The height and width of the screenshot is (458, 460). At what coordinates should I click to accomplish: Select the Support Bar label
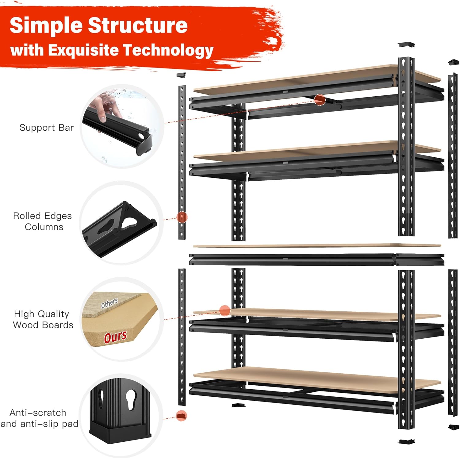pos(46,128)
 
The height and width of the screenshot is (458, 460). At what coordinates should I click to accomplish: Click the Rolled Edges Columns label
pos(42,221)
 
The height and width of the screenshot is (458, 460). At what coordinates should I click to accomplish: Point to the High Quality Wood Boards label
pos(43,319)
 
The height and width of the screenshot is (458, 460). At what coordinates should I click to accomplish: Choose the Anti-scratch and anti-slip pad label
pos(39,418)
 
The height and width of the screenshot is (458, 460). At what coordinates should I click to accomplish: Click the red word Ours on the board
pos(115,337)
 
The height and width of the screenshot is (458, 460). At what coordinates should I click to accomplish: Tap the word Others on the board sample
pos(109,303)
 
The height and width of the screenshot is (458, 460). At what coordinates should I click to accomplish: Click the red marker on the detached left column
pos(182,217)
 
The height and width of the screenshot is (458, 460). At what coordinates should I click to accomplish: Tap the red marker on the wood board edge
pos(225,310)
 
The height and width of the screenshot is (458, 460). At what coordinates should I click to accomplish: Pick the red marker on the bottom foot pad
pos(182,416)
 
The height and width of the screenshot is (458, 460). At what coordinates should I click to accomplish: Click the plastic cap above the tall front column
pos(406,44)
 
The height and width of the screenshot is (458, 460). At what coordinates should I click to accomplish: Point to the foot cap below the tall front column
pos(406,441)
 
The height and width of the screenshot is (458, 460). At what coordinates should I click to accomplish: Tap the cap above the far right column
pos(453,63)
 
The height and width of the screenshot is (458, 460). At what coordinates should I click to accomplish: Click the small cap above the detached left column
pos(182,75)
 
